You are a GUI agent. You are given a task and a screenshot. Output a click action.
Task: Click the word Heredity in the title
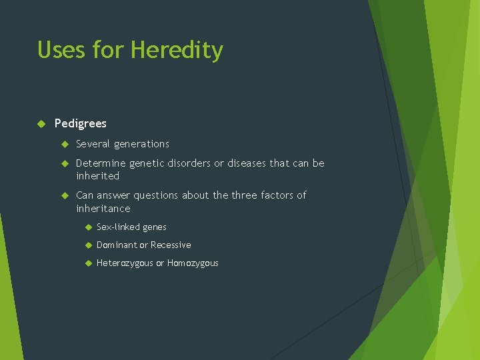[x=177, y=50]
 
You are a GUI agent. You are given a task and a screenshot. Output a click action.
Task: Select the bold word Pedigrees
[x=80, y=123]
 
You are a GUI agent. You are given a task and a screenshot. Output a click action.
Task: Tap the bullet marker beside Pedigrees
[x=41, y=123]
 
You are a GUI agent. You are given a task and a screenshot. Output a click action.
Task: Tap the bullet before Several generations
[x=65, y=144]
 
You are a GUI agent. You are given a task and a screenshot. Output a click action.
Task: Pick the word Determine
[x=100, y=163]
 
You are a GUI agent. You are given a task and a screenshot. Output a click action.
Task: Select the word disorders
[x=189, y=163]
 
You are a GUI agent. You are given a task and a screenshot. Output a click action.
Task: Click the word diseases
[x=245, y=163]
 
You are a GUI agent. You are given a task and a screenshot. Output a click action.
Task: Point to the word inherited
[x=97, y=176]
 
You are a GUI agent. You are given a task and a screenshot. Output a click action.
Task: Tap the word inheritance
[x=103, y=209]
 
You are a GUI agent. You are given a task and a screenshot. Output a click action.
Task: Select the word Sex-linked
[x=117, y=227]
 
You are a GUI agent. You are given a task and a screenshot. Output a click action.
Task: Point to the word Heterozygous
[x=125, y=263]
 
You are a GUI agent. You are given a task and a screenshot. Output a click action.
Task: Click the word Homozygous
[x=193, y=263]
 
